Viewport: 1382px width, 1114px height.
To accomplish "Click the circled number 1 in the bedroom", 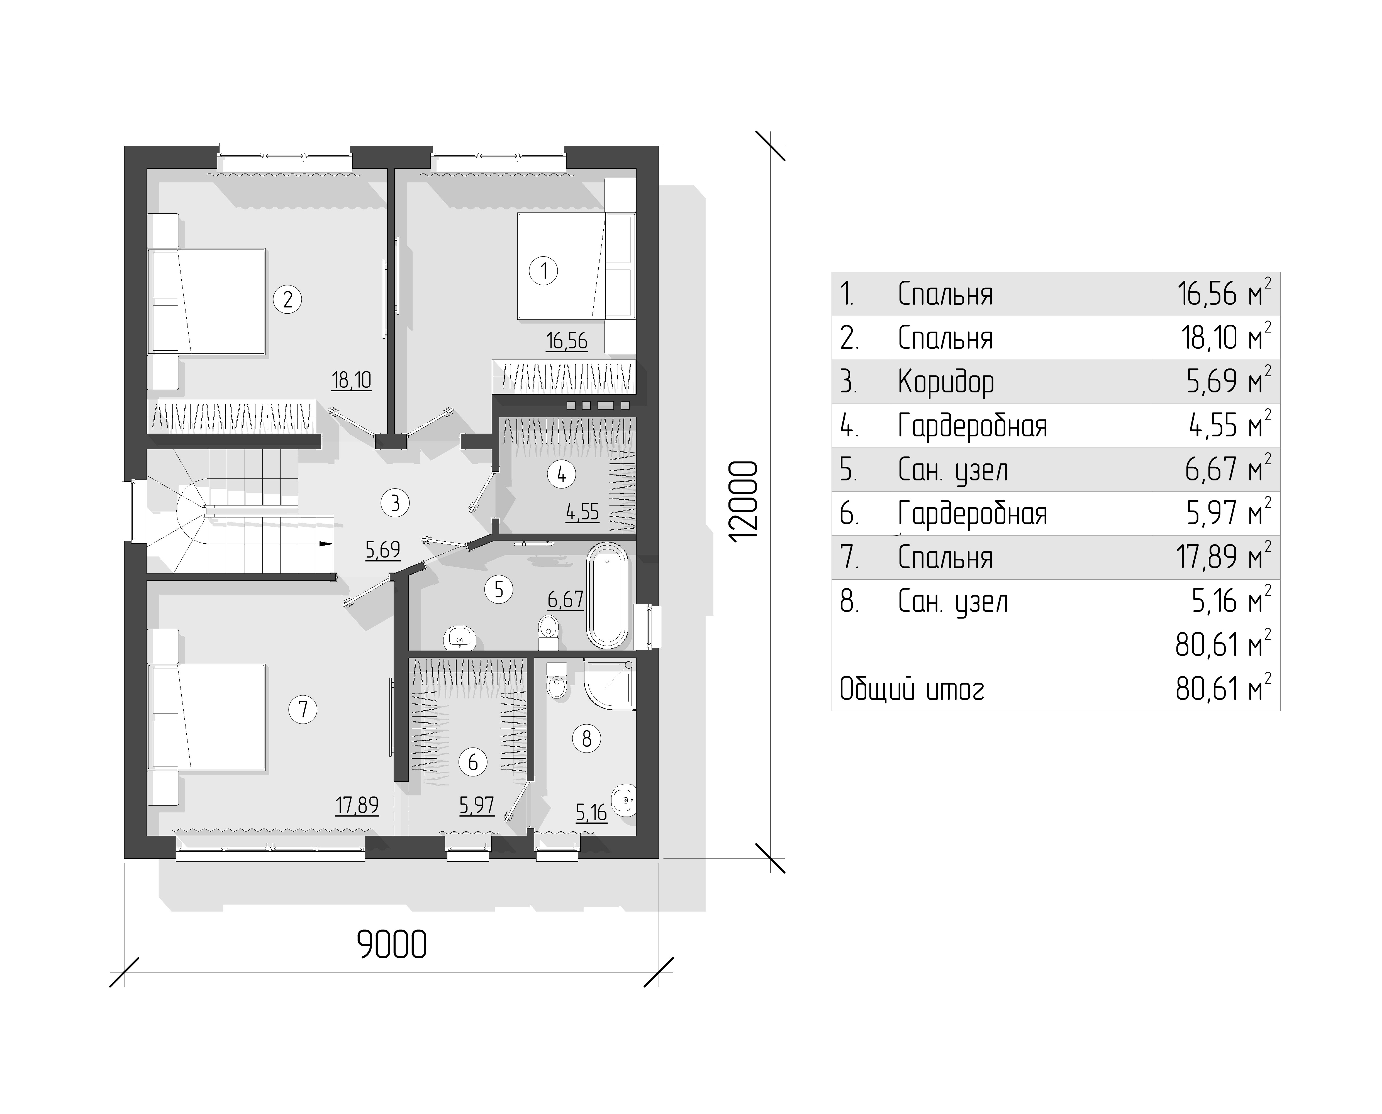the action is point(544,271).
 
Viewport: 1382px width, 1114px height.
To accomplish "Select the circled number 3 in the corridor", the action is point(395,502).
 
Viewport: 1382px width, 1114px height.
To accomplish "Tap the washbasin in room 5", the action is point(460,637).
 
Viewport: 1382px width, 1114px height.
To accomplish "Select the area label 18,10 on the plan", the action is point(352,380).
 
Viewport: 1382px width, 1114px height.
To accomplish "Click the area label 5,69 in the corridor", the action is point(382,550).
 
